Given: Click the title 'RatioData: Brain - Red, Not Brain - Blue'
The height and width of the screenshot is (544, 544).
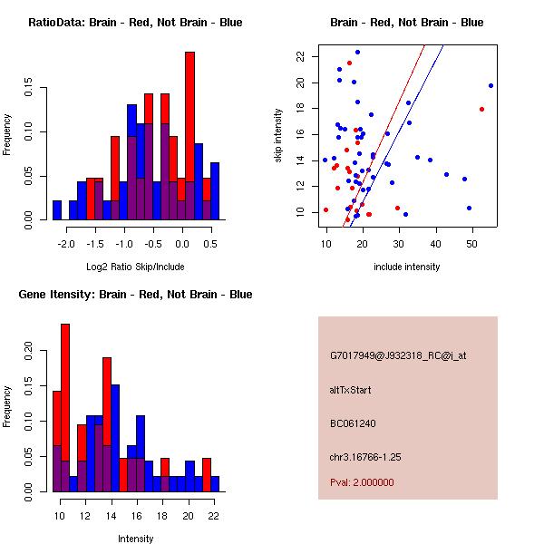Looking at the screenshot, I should pos(135,23).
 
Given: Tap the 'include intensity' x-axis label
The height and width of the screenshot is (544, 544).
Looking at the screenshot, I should pos(407,267).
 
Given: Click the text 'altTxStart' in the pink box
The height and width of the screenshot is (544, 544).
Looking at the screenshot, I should pos(350,390).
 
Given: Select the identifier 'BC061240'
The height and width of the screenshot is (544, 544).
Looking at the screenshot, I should pos(353,423).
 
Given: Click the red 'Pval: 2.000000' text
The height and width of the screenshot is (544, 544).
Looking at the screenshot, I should pos(362,482).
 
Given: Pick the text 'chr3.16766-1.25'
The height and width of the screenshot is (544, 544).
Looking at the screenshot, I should pos(365,456).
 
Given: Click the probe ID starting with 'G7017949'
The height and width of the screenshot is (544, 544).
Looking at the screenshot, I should pos(398,356).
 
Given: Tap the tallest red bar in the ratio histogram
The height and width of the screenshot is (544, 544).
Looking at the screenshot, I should pos(189,127).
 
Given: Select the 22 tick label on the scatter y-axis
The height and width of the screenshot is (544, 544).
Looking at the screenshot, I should pos(300,56).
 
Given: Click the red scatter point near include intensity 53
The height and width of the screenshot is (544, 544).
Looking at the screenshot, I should pos(482,109).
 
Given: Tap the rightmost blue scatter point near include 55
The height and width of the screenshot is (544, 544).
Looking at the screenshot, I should pos(491,85).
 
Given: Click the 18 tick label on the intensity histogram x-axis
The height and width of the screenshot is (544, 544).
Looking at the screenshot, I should pos(164,515).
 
